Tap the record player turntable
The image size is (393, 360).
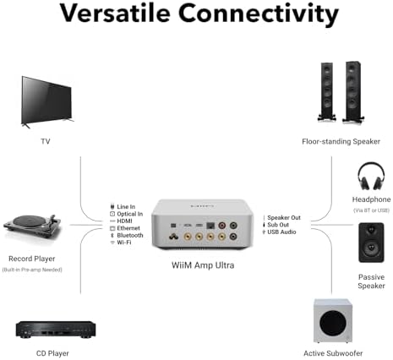click(x=36, y=225)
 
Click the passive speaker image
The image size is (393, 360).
click(x=372, y=243)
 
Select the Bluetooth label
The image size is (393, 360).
click(x=131, y=236)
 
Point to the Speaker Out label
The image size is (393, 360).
click(x=284, y=218)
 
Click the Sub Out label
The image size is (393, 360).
click(x=279, y=225)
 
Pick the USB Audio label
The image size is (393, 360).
click(x=282, y=232)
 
